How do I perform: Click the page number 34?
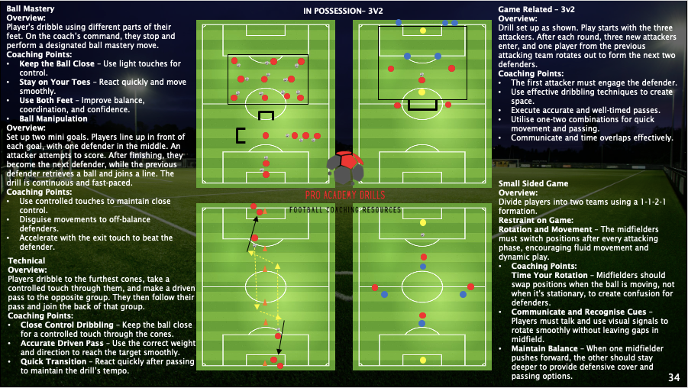click(x=673, y=377)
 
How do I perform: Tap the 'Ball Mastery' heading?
click(x=30, y=8)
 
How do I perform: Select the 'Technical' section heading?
click(x=27, y=261)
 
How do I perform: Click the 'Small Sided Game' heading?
click(x=533, y=184)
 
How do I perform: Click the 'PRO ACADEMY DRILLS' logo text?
click(x=344, y=196)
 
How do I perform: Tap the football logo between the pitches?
click(x=344, y=168)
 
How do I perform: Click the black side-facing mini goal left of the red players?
click(x=240, y=135)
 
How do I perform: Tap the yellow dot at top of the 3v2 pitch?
click(x=422, y=31)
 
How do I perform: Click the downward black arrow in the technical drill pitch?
click(x=280, y=336)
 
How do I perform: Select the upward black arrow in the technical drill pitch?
click(x=253, y=234)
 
